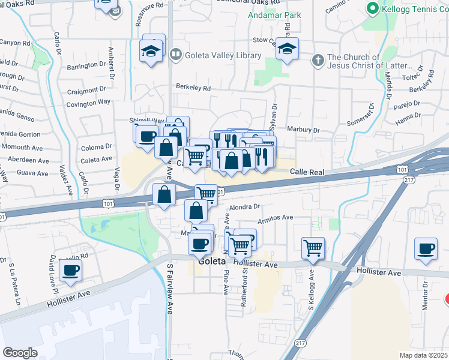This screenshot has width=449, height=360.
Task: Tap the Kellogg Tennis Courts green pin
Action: click(x=372, y=8)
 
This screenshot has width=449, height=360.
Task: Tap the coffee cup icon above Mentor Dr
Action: click(x=426, y=248)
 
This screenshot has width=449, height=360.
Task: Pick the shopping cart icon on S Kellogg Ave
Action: click(x=313, y=247)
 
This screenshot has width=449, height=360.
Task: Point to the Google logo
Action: click(x=20, y=353)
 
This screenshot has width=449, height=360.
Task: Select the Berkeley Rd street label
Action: click(x=193, y=88)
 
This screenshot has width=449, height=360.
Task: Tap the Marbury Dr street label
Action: click(x=304, y=130)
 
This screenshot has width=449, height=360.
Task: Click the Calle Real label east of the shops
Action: click(x=307, y=172)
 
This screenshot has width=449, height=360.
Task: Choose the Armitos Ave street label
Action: click(x=275, y=218)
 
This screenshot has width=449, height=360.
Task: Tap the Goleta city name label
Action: click(x=211, y=262)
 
